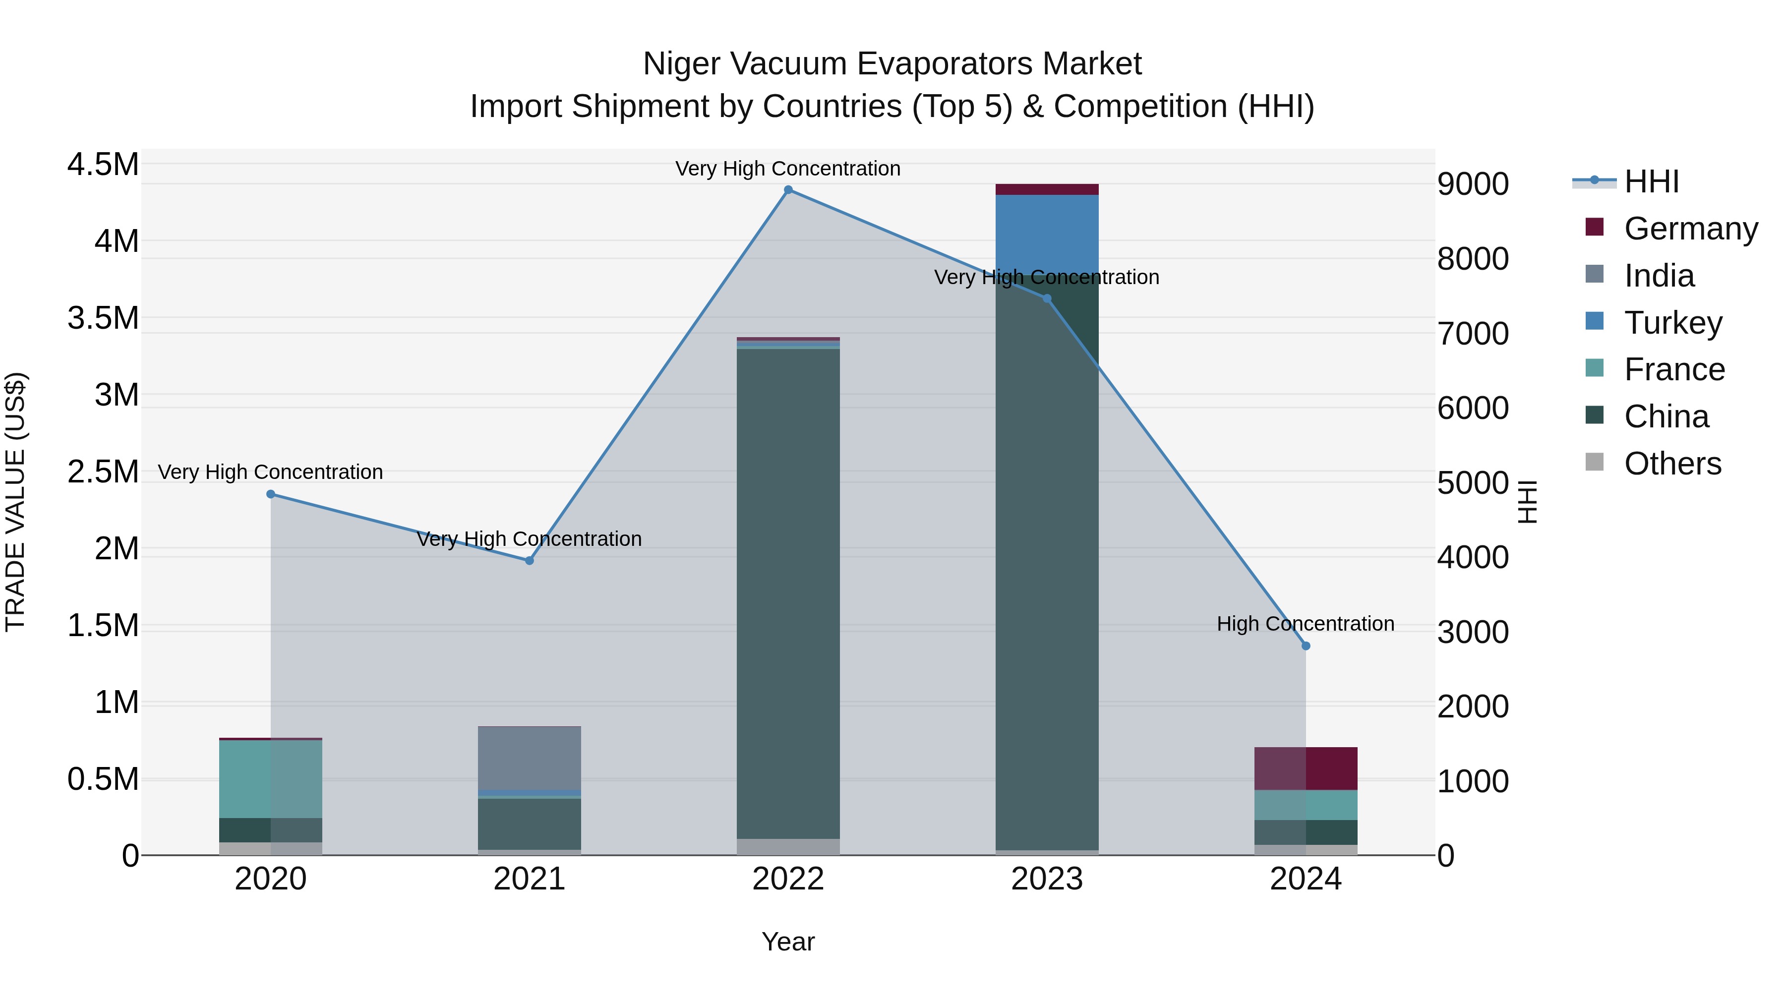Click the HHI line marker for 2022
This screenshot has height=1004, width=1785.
pos(788,190)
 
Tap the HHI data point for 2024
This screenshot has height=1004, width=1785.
pos(1306,646)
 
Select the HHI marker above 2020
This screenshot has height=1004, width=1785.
pos(271,494)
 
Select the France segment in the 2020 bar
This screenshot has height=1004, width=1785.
pos(271,779)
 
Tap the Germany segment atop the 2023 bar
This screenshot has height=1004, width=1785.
pos(1046,189)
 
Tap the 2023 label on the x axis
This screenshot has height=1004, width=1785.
pos(1046,879)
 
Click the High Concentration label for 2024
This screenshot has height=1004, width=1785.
pos(1306,624)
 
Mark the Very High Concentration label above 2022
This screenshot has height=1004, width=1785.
pos(788,169)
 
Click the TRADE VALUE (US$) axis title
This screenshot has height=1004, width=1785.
pos(15,502)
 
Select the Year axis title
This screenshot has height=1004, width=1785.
pos(788,942)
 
